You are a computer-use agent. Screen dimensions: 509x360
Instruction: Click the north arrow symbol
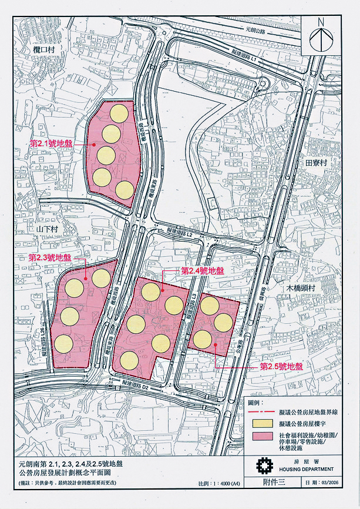(321, 36)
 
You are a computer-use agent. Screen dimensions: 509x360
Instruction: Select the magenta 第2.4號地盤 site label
(203, 271)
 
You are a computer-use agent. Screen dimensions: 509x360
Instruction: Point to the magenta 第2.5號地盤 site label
(281, 366)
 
